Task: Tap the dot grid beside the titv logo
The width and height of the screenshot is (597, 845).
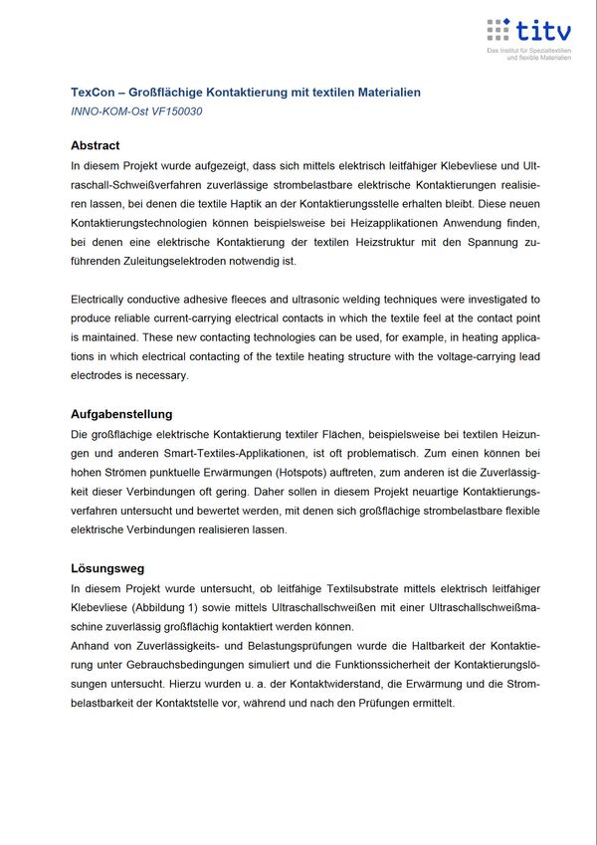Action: (499, 30)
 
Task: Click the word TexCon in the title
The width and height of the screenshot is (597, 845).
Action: (92, 93)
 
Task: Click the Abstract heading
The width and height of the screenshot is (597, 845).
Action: (96, 145)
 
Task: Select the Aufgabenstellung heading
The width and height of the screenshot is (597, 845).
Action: (121, 414)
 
